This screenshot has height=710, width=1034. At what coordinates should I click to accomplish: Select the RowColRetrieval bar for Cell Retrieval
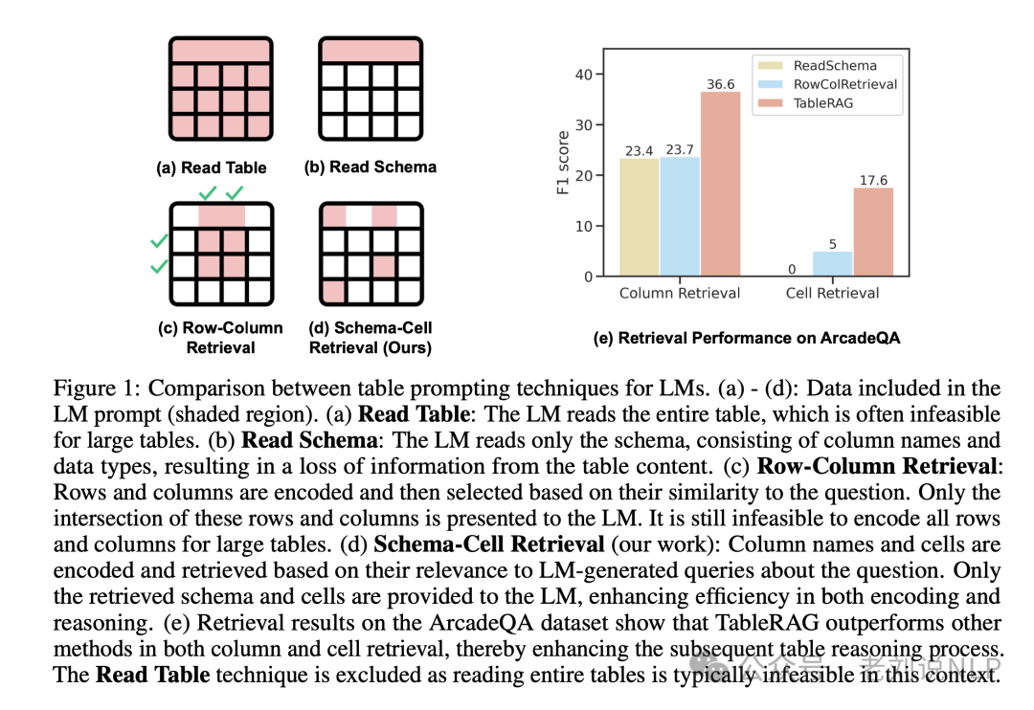832,264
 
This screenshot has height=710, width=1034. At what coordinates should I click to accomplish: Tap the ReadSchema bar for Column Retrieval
639,217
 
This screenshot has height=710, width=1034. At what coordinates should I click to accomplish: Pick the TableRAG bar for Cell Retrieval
872,233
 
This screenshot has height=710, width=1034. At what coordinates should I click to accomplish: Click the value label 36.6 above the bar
720,84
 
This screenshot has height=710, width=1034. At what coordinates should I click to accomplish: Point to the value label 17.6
872,179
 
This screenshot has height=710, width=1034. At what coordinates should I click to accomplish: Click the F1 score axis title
563,164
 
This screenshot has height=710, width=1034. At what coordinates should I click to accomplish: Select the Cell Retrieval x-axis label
832,293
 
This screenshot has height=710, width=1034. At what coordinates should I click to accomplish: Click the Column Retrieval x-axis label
680,293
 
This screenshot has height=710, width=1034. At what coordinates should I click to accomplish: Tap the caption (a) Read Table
212,167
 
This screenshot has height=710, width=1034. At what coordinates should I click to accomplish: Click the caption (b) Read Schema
370,167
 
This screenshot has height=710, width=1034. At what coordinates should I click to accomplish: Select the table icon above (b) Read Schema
370,88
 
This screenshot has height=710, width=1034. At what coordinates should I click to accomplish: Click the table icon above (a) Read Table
221,88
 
